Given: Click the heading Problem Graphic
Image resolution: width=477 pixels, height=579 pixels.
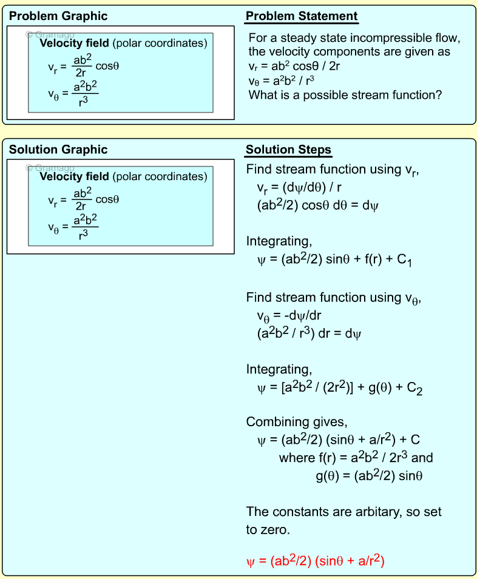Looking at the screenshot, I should (x=58, y=16).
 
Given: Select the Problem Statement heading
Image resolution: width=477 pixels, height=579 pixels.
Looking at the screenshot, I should (x=302, y=16).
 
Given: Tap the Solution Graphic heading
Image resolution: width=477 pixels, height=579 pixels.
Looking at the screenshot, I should (x=58, y=150).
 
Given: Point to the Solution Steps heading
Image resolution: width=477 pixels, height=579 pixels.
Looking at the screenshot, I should (x=288, y=150).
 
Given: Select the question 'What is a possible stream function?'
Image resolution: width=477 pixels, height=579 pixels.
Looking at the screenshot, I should (x=345, y=95).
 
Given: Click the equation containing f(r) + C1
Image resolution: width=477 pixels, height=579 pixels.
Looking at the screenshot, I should (x=335, y=261).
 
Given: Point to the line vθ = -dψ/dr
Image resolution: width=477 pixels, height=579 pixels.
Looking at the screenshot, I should (x=296, y=316).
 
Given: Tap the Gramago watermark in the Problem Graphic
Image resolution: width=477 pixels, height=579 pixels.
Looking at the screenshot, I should (x=50, y=35).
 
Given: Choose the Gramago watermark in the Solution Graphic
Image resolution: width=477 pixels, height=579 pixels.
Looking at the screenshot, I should (x=50, y=168).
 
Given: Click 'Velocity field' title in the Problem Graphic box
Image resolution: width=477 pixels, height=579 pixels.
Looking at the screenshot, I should (x=74, y=43).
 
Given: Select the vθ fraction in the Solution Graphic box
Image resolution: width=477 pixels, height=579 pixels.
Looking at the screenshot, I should (x=86, y=226).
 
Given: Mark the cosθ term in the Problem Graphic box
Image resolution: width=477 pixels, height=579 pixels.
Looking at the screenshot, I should (x=107, y=65).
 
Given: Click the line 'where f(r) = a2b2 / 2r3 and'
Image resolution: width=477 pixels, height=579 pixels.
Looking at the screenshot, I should (x=356, y=458).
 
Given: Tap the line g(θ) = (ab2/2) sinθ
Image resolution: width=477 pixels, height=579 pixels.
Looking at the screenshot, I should (x=369, y=476).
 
